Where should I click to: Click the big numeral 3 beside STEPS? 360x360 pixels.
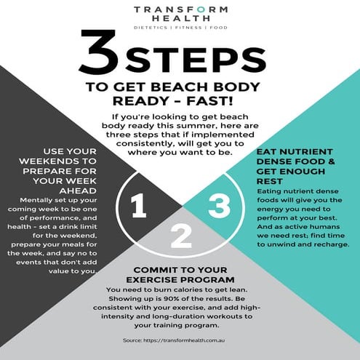[x=99, y=52]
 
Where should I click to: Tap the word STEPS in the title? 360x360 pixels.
[x=196, y=60]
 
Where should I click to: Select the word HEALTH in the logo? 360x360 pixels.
[x=181, y=18]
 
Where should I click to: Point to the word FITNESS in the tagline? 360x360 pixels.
[x=188, y=28]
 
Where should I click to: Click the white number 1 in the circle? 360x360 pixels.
[x=139, y=206]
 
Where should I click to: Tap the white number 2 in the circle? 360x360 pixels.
[x=181, y=236]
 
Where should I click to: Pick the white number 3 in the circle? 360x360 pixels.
[x=220, y=206]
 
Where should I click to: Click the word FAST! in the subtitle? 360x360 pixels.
[x=209, y=101]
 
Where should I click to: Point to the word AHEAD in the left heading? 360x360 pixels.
[x=78, y=191]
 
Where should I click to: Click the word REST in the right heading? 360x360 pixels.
[x=266, y=181]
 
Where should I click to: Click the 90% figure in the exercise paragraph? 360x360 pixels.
[x=171, y=299]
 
